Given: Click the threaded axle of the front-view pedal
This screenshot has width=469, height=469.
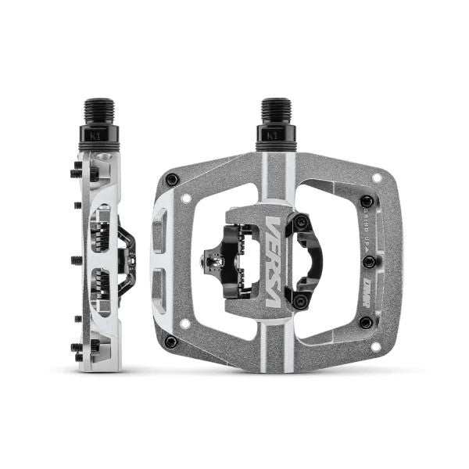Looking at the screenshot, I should (x=276, y=113).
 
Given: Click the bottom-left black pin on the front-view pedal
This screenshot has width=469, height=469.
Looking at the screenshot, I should (x=171, y=342).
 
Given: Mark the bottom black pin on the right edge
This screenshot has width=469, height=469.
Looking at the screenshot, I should (x=365, y=321).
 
